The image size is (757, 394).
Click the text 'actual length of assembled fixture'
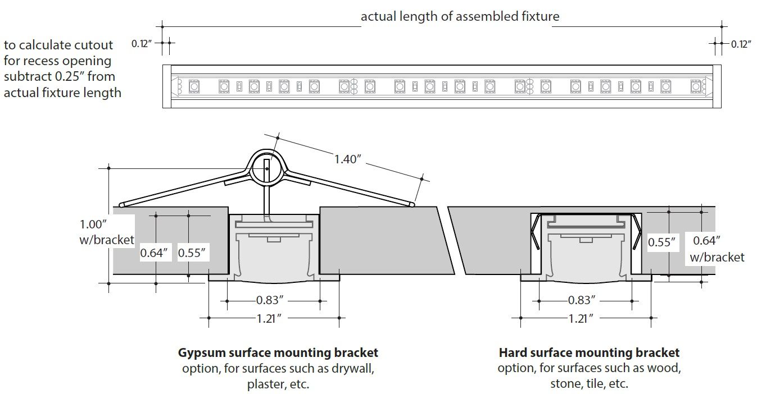click(460, 16)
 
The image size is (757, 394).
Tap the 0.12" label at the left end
click(142, 43)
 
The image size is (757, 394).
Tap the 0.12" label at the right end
click(741, 44)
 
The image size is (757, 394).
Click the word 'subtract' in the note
click(26, 76)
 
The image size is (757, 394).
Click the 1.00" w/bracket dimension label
click(107, 232)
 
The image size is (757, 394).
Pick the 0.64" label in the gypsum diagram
click(155, 253)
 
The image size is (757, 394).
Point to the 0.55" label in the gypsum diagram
click(193, 253)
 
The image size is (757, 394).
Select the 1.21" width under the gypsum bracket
click(269, 318)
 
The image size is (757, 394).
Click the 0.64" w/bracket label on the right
click(717, 249)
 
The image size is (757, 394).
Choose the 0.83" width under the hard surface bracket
click(581, 301)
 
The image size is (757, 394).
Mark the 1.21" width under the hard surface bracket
click(581, 318)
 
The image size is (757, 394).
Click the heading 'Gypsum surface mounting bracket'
click(278, 353)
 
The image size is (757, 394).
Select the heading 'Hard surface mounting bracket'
click(589, 353)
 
